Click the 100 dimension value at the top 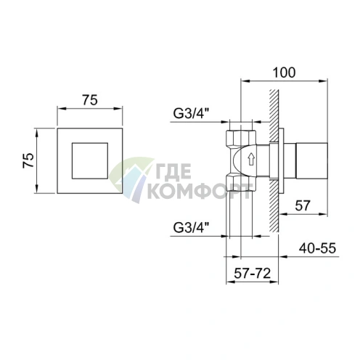tap(284, 73)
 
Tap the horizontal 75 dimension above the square tap(90, 100)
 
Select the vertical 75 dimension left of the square tap(28, 160)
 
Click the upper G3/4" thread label tap(191, 113)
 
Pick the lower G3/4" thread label tap(191, 227)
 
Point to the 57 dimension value tap(303, 205)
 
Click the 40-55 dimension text tap(317, 248)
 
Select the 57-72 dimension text tap(252, 274)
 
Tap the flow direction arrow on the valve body tap(251, 159)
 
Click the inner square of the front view tap(90, 161)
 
